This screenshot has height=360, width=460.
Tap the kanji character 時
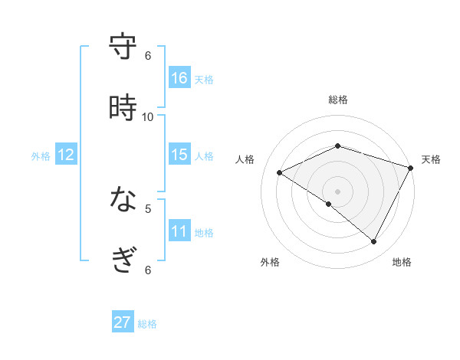[x=123, y=108]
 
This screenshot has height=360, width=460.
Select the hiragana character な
[x=123, y=200]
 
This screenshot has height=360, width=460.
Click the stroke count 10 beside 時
[x=148, y=116]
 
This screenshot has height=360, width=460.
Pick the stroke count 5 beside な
[x=148, y=208]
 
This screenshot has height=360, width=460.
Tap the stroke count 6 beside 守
[x=148, y=55]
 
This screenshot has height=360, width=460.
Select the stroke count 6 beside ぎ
[x=148, y=270]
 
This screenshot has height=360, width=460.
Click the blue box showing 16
[x=179, y=78]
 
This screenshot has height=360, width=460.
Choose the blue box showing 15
[x=179, y=155]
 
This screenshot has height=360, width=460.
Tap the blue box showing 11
[x=179, y=231]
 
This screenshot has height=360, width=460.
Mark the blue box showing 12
[x=66, y=155]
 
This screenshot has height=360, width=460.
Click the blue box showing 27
[x=123, y=322]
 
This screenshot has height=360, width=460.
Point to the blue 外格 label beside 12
[x=41, y=156]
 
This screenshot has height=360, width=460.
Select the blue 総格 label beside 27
[x=147, y=324]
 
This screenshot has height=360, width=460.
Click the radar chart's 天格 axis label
[x=431, y=159]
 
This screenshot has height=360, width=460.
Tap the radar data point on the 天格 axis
[x=412, y=169]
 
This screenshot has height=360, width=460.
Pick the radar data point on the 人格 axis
[x=280, y=173]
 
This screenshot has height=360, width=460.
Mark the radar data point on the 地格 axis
[x=374, y=242]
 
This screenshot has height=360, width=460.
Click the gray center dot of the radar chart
[x=337, y=190]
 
